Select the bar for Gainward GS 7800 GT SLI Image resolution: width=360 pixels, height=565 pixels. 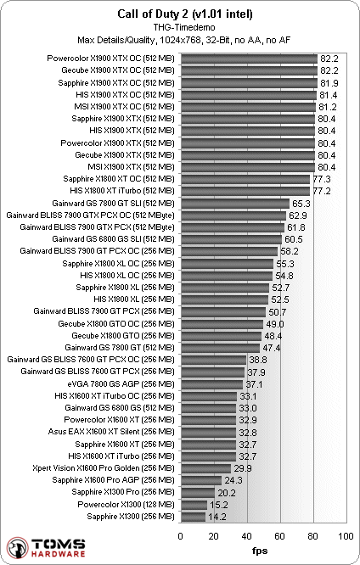235,204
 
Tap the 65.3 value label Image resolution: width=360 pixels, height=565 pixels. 301,204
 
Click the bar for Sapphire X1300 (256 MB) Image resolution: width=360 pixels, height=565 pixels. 193,517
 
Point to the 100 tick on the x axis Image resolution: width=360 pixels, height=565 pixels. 346,536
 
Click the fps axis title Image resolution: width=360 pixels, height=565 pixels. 260,551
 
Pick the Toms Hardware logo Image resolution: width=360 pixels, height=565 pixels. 46,548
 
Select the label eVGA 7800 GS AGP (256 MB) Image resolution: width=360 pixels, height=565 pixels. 121,384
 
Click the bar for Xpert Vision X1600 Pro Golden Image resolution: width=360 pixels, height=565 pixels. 206,468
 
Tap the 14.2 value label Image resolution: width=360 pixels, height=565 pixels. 217,517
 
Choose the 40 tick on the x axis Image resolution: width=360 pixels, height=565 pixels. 247,536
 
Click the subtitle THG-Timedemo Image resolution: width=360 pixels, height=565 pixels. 184,27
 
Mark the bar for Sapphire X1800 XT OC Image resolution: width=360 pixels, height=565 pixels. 245,179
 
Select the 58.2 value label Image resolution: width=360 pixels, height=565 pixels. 290,251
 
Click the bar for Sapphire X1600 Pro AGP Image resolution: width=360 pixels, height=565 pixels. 201,480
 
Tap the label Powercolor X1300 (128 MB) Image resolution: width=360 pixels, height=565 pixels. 126,505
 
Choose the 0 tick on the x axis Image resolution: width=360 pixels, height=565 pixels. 181,536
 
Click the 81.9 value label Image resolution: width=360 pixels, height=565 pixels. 329,83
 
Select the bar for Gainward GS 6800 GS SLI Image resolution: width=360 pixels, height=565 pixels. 231,239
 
